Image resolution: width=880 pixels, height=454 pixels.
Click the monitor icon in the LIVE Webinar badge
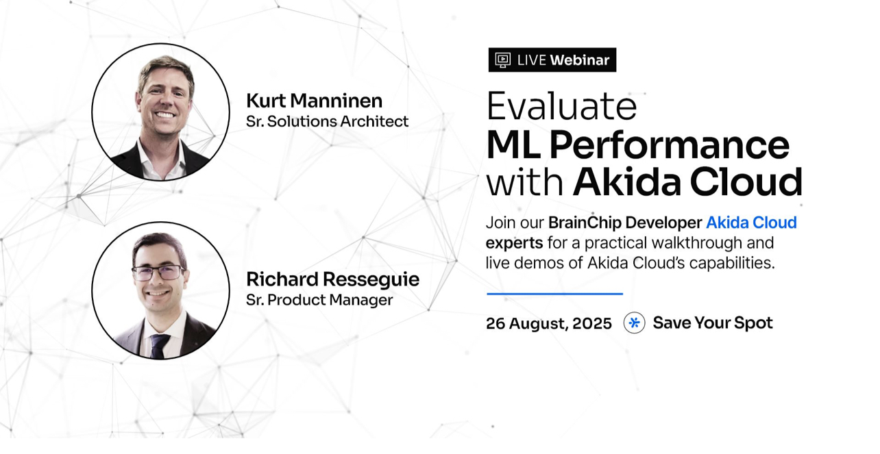pyautogui.click(x=502, y=60)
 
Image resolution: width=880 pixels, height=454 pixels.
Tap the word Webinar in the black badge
pyautogui.click(x=579, y=60)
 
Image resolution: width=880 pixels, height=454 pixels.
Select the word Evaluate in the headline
pyautogui.click(x=561, y=106)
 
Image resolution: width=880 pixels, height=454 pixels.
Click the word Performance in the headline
pyautogui.click(x=669, y=146)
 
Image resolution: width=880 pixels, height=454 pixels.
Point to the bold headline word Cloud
pyautogui.click(x=746, y=182)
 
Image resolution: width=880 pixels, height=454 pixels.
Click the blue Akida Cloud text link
pyautogui.click(x=751, y=223)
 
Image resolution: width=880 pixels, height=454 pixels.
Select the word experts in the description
pyautogui.click(x=514, y=243)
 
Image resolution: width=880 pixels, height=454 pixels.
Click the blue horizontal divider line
pyautogui.click(x=554, y=294)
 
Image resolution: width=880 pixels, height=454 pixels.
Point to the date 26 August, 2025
pyautogui.click(x=549, y=324)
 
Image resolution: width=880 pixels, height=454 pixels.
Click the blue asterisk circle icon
pyautogui.click(x=634, y=323)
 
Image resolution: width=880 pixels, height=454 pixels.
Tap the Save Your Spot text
pyautogui.click(x=713, y=323)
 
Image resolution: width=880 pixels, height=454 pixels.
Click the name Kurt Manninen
pyautogui.click(x=314, y=101)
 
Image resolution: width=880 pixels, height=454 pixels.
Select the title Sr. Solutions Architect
pyautogui.click(x=327, y=121)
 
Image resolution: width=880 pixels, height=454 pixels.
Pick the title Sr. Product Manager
pyautogui.click(x=319, y=300)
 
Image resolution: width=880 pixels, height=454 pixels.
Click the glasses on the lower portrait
pyautogui.click(x=158, y=273)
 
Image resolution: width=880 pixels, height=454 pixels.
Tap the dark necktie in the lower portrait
pyautogui.click(x=160, y=346)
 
